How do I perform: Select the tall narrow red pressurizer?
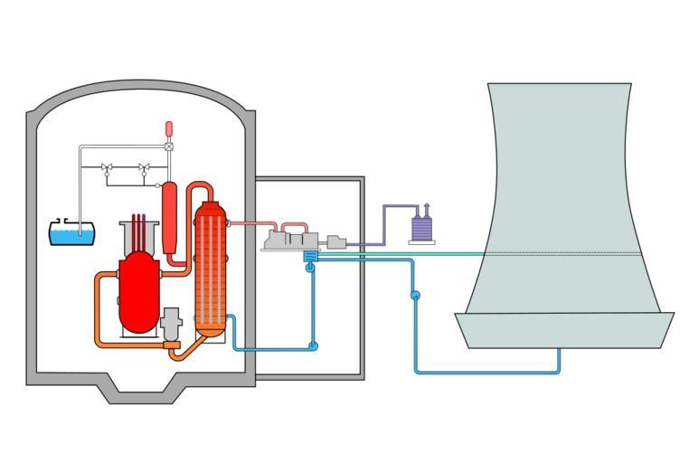[168, 217]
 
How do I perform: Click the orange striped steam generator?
[210, 269]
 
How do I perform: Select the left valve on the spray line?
[108, 167]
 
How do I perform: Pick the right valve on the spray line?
[143, 167]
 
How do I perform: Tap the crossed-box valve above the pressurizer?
[169, 146]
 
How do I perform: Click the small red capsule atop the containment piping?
[169, 128]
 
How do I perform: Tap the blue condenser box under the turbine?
[311, 257]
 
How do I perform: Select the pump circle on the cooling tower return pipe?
[415, 295]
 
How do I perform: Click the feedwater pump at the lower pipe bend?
[314, 345]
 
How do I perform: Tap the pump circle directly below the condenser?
[312, 268]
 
